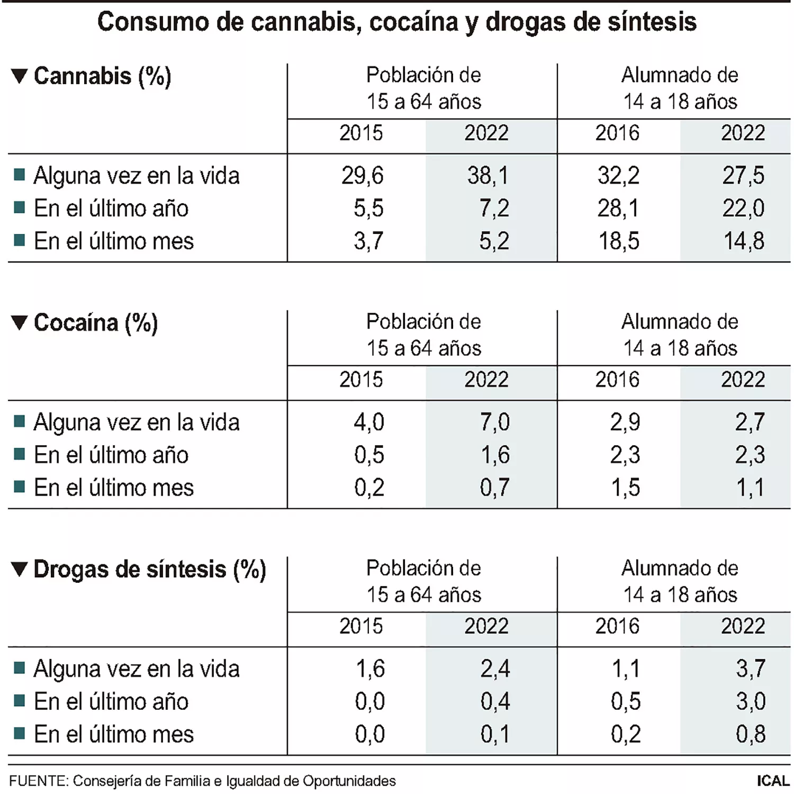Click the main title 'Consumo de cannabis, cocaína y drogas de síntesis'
coord(397,22)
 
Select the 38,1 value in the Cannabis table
coord(488,176)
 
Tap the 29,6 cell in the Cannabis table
coord(363,176)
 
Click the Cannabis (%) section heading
coord(102,76)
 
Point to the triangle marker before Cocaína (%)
coord(19,323)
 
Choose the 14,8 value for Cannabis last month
coord(744,241)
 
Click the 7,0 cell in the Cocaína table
coord(494,422)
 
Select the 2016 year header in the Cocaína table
coord(617,380)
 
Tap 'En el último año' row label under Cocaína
coord(111,455)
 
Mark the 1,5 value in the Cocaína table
coord(626,488)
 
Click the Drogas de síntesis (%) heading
coord(149,570)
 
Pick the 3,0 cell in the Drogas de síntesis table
coord(751,702)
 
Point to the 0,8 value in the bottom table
coord(751,735)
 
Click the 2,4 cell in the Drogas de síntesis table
coord(495,669)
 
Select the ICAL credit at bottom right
coord(773,781)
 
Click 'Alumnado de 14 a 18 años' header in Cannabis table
coord(680,88)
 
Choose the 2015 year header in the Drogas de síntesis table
coord(361,627)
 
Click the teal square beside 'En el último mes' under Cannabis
coord(20,241)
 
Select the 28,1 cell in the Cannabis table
coord(618,209)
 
